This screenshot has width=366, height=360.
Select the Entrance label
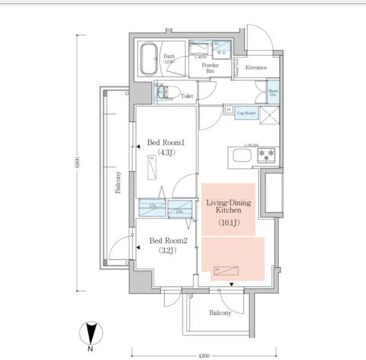pyautogui.click(x=256, y=68)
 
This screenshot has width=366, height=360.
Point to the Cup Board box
pyautogui.click(x=246, y=113)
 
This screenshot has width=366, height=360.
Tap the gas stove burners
pyautogui.click(x=267, y=155)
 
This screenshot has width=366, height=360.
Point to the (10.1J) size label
pyautogui.click(x=228, y=223)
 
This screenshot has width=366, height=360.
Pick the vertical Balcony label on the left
pyautogui.click(x=117, y=182)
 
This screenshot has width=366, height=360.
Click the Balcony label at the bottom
pyautogui.click(x=220, y=313)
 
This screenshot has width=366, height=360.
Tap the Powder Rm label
pyautogui.click(x=210, y=68)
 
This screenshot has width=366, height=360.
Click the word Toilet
pyautogui.click(x=187, y=97)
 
